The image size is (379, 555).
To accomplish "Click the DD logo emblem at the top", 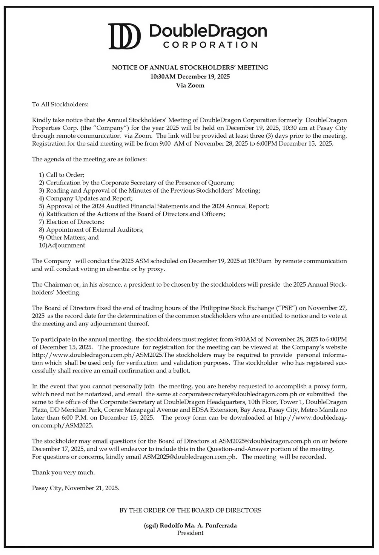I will coord(124,36).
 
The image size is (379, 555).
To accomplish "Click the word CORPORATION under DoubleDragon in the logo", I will coord(210,45).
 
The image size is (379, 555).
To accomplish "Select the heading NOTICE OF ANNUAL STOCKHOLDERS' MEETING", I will coord(190,67).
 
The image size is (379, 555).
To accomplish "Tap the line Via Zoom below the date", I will coord(190,85).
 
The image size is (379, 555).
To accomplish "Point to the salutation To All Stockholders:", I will coord(60,104).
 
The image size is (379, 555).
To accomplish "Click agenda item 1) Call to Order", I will coord(62,175).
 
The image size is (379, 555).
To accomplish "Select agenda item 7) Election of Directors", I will coord(72,222).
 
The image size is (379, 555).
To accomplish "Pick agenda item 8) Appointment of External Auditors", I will coord(91,230).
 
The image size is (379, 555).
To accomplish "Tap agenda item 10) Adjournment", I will coord(62,245).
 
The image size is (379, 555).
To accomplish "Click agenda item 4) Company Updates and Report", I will coord(86,198).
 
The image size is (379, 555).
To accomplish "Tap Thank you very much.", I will coord(63,472).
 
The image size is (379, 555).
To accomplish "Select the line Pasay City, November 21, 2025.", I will coord(75,488).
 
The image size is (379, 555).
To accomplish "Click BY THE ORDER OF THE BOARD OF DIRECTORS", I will coord(190,510).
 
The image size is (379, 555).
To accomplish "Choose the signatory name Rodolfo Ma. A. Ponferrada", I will coord(198,526).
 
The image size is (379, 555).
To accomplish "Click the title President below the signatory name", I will coord(190,533).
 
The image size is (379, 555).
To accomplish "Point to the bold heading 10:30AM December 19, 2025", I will coord(190,76).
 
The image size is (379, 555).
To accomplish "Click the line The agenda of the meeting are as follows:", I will coord(89,159).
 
